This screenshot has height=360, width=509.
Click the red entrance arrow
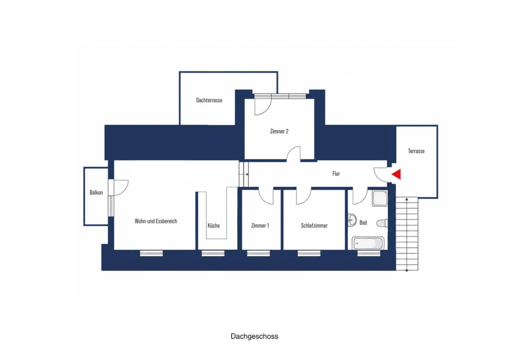(397, 174)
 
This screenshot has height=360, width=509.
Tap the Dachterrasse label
(209, 100)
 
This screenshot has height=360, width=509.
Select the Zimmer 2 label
(279, 131)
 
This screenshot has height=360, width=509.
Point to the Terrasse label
(416, 151)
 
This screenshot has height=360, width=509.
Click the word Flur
(336, 174)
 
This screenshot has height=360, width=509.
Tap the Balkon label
(96, 192)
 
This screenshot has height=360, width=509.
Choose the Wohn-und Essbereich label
(156, 221)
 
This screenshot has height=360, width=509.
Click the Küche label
(214, 225)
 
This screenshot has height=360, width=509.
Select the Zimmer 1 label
(260, 225)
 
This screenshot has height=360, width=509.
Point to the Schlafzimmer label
(314, 225)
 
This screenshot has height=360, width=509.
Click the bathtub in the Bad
(368, 243)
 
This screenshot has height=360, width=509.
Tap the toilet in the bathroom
(382, 223)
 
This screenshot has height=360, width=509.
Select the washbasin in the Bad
(352, 219)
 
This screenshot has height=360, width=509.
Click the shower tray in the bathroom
(380, 198)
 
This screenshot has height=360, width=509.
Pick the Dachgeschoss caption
(254, 336)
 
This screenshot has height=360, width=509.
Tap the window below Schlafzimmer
(309, 253)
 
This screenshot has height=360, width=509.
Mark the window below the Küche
(213, 253)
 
